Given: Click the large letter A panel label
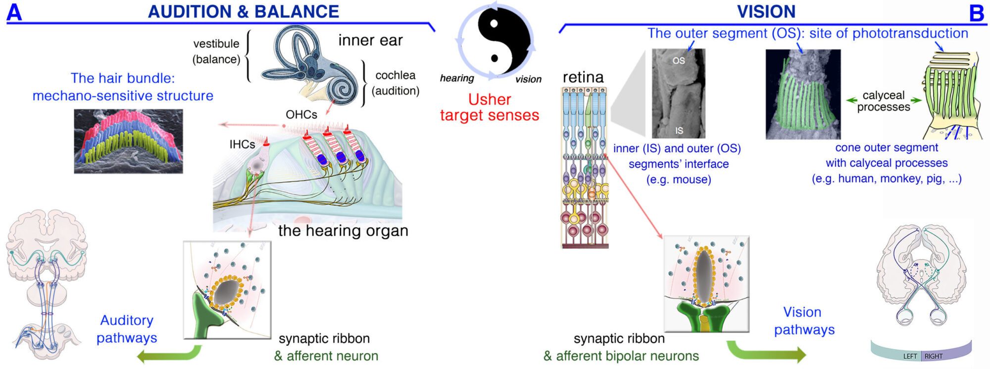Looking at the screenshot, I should tap(14, 12).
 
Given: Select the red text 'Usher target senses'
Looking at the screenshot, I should tap(489, 107).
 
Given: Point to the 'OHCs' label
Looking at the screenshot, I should tap(301, 115).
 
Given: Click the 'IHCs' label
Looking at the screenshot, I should tap(242, 145).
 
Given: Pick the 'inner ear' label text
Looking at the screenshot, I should tap(370, 41).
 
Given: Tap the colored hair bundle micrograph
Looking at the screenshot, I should tap(128, 142).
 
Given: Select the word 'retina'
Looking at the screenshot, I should tap(583, 77).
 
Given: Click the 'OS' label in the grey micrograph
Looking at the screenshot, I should tap(679, 60).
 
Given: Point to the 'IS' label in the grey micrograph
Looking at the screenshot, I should tap(679, 131).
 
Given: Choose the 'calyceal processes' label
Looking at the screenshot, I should tap(884, 101).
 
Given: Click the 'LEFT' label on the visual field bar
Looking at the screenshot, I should tap(910, 356).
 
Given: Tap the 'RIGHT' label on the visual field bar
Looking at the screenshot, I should tap(934, 356).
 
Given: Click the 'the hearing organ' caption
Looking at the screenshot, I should tap(343, 231).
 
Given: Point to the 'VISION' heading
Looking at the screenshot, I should tap(766, 11).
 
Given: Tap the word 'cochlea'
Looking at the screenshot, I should tap(395, 75).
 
